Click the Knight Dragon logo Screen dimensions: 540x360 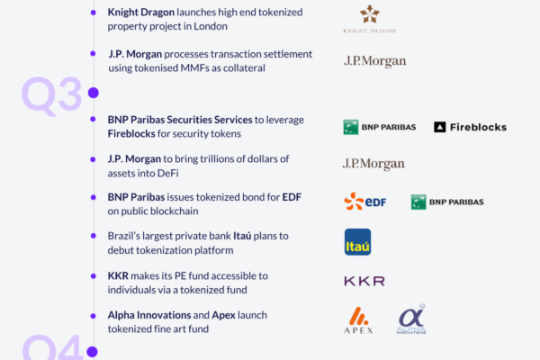point(370,19)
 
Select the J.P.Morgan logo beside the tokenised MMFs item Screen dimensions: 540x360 point(375,61)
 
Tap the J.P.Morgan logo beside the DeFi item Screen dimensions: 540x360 point(373,164)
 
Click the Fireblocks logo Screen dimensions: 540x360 point(470,127)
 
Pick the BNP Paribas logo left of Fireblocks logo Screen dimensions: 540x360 point(380,127)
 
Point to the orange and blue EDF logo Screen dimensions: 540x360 point(365,202)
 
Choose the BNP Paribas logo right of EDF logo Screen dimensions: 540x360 point(447,202)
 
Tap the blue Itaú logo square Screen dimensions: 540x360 point(358,242)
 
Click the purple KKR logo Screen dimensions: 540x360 point(364,281)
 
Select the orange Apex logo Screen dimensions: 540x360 point(358,320)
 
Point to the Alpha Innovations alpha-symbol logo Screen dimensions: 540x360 point(411,319)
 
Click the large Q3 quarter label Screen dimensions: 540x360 point(51,94)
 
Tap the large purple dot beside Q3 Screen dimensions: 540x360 point(94,93)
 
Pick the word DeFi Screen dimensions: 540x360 point(167,173)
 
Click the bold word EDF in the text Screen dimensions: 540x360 point(292,197)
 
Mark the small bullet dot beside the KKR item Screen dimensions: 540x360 point(93,276)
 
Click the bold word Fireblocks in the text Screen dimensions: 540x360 point(131,134)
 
